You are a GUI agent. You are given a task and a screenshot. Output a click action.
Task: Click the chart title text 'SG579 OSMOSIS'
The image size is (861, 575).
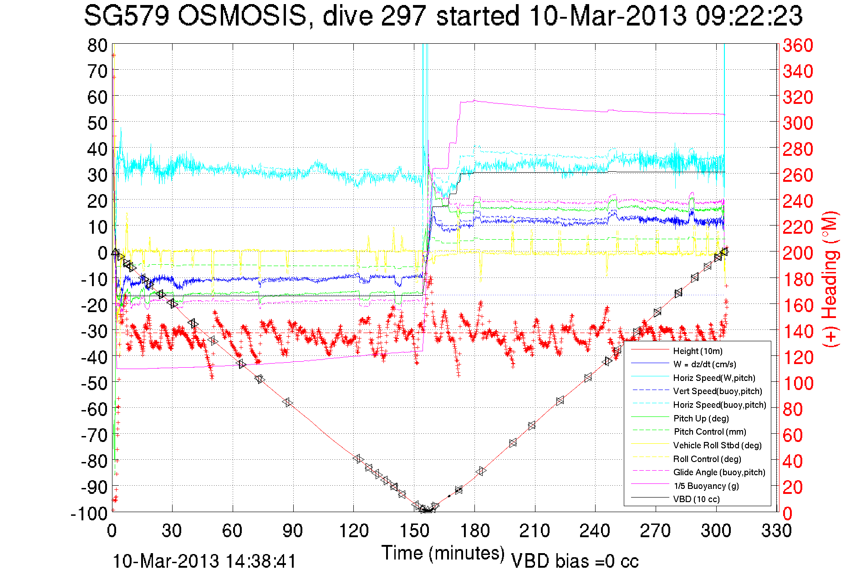pos(196,16)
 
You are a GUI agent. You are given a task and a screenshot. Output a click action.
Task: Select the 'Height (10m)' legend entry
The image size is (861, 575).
pos(698,351)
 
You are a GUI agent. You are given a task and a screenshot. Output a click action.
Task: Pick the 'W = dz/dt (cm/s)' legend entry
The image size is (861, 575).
pos(704,365)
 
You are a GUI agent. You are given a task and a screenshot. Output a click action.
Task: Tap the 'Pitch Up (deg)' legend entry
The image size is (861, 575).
pos(701,418)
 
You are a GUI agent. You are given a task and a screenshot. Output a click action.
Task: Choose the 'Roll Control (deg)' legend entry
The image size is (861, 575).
pos(707,459)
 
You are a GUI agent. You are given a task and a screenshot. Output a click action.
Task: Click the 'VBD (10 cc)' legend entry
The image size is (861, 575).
pos(696,499)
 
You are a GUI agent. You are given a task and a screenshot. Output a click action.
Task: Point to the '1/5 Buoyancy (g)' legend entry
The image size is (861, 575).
pos(706,486)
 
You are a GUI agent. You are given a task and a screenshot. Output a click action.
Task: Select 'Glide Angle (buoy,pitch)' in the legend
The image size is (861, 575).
pos(719,472)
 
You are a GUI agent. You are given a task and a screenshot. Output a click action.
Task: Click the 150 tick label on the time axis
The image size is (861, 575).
pos(414,531)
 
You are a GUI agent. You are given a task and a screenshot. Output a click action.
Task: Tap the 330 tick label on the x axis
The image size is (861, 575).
pos(776,531)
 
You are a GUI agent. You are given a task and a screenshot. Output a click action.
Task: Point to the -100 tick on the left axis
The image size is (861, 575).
pos(89,513)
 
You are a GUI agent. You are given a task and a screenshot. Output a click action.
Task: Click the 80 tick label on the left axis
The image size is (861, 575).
pos(97,46)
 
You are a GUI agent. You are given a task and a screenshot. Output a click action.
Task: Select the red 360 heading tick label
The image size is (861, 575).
pos(798,46)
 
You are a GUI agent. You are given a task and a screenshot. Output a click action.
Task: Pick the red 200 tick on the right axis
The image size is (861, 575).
pos(798,253)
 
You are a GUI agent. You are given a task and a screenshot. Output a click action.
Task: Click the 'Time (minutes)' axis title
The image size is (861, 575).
pos(443,553)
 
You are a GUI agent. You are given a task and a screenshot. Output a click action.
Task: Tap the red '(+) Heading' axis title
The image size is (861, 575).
pos(830,279)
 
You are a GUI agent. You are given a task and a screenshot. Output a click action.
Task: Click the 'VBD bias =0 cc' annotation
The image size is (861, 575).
pos(575,561)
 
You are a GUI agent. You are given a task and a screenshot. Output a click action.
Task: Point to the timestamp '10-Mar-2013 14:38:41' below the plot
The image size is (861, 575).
pos(204,561)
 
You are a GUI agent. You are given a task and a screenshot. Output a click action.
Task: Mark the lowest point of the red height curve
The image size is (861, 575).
pos(427,511)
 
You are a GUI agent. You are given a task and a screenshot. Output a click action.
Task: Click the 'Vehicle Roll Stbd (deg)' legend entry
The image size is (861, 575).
pos(717,446)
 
